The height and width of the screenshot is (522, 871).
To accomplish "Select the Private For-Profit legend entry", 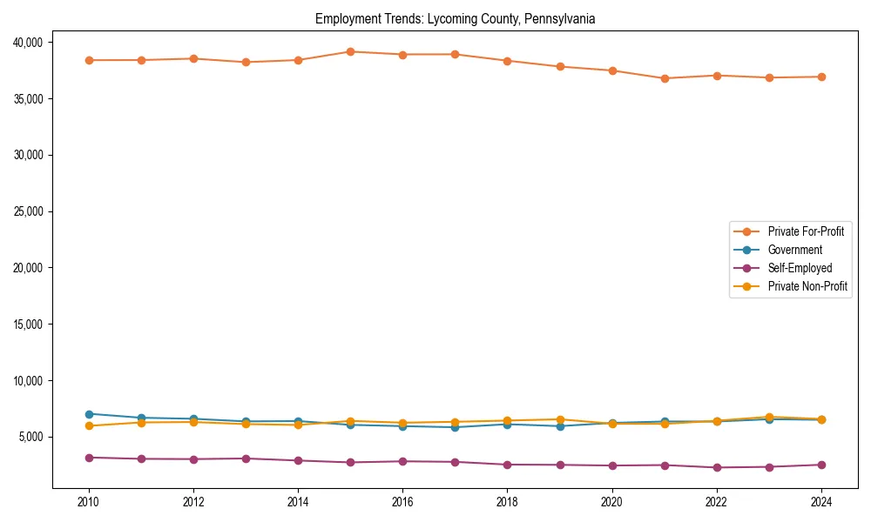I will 806,231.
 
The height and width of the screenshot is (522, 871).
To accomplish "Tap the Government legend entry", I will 794,250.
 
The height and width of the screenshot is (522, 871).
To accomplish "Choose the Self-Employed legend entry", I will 800,268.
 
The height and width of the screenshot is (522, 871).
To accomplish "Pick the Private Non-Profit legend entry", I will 807,286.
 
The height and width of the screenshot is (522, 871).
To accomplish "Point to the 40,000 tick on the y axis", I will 31,43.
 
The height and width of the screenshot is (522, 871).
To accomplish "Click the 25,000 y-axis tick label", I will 31,211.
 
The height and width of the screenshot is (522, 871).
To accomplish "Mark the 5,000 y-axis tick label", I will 34,437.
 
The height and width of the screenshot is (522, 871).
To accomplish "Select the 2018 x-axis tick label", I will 507,502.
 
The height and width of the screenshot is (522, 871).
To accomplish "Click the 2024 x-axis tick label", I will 821,502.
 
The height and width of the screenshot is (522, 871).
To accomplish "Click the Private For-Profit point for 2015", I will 350,51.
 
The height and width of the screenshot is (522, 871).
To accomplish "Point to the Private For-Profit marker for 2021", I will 665,78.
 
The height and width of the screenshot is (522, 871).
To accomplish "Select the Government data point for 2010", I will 89,414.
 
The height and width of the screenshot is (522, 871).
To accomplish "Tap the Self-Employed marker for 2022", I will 717,468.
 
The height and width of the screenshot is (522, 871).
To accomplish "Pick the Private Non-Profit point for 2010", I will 89,426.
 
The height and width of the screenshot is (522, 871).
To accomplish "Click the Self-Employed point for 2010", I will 89,458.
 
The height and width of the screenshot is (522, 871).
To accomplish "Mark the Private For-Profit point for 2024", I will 821,77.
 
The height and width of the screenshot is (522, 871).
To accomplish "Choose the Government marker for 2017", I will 455,427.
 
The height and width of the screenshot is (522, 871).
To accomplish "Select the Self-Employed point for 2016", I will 402,461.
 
